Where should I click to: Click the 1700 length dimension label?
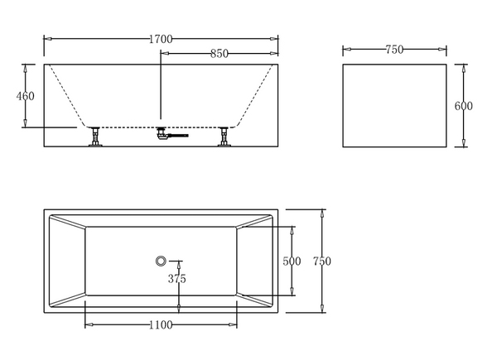tap(161, 39)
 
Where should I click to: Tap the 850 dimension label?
tap(220, 54)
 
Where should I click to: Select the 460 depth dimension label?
tap(26, 96)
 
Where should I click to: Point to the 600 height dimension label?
tap(463, 106)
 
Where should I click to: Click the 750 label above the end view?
tap(394, 50)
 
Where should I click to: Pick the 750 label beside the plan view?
tap(322, 262)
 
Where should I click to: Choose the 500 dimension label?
tap(292, 262)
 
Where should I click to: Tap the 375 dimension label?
tap(177, 279)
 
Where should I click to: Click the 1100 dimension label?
tap(161, 325)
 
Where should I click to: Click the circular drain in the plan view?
tap(161, 261)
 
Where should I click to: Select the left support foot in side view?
tap(95, 137)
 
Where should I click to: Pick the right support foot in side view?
tap(224, 137)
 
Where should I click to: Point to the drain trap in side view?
tap(162, 133)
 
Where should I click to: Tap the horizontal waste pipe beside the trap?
tap(178, 136)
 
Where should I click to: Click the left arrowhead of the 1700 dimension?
tap(48, 39)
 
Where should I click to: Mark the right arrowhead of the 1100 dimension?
tap(233, 324)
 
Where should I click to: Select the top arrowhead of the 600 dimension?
tap(464, 69)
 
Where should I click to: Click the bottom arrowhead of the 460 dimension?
tap(26, 123)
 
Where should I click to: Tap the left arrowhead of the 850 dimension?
tap(165, 54)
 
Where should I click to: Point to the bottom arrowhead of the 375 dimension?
tap(179, 309)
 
